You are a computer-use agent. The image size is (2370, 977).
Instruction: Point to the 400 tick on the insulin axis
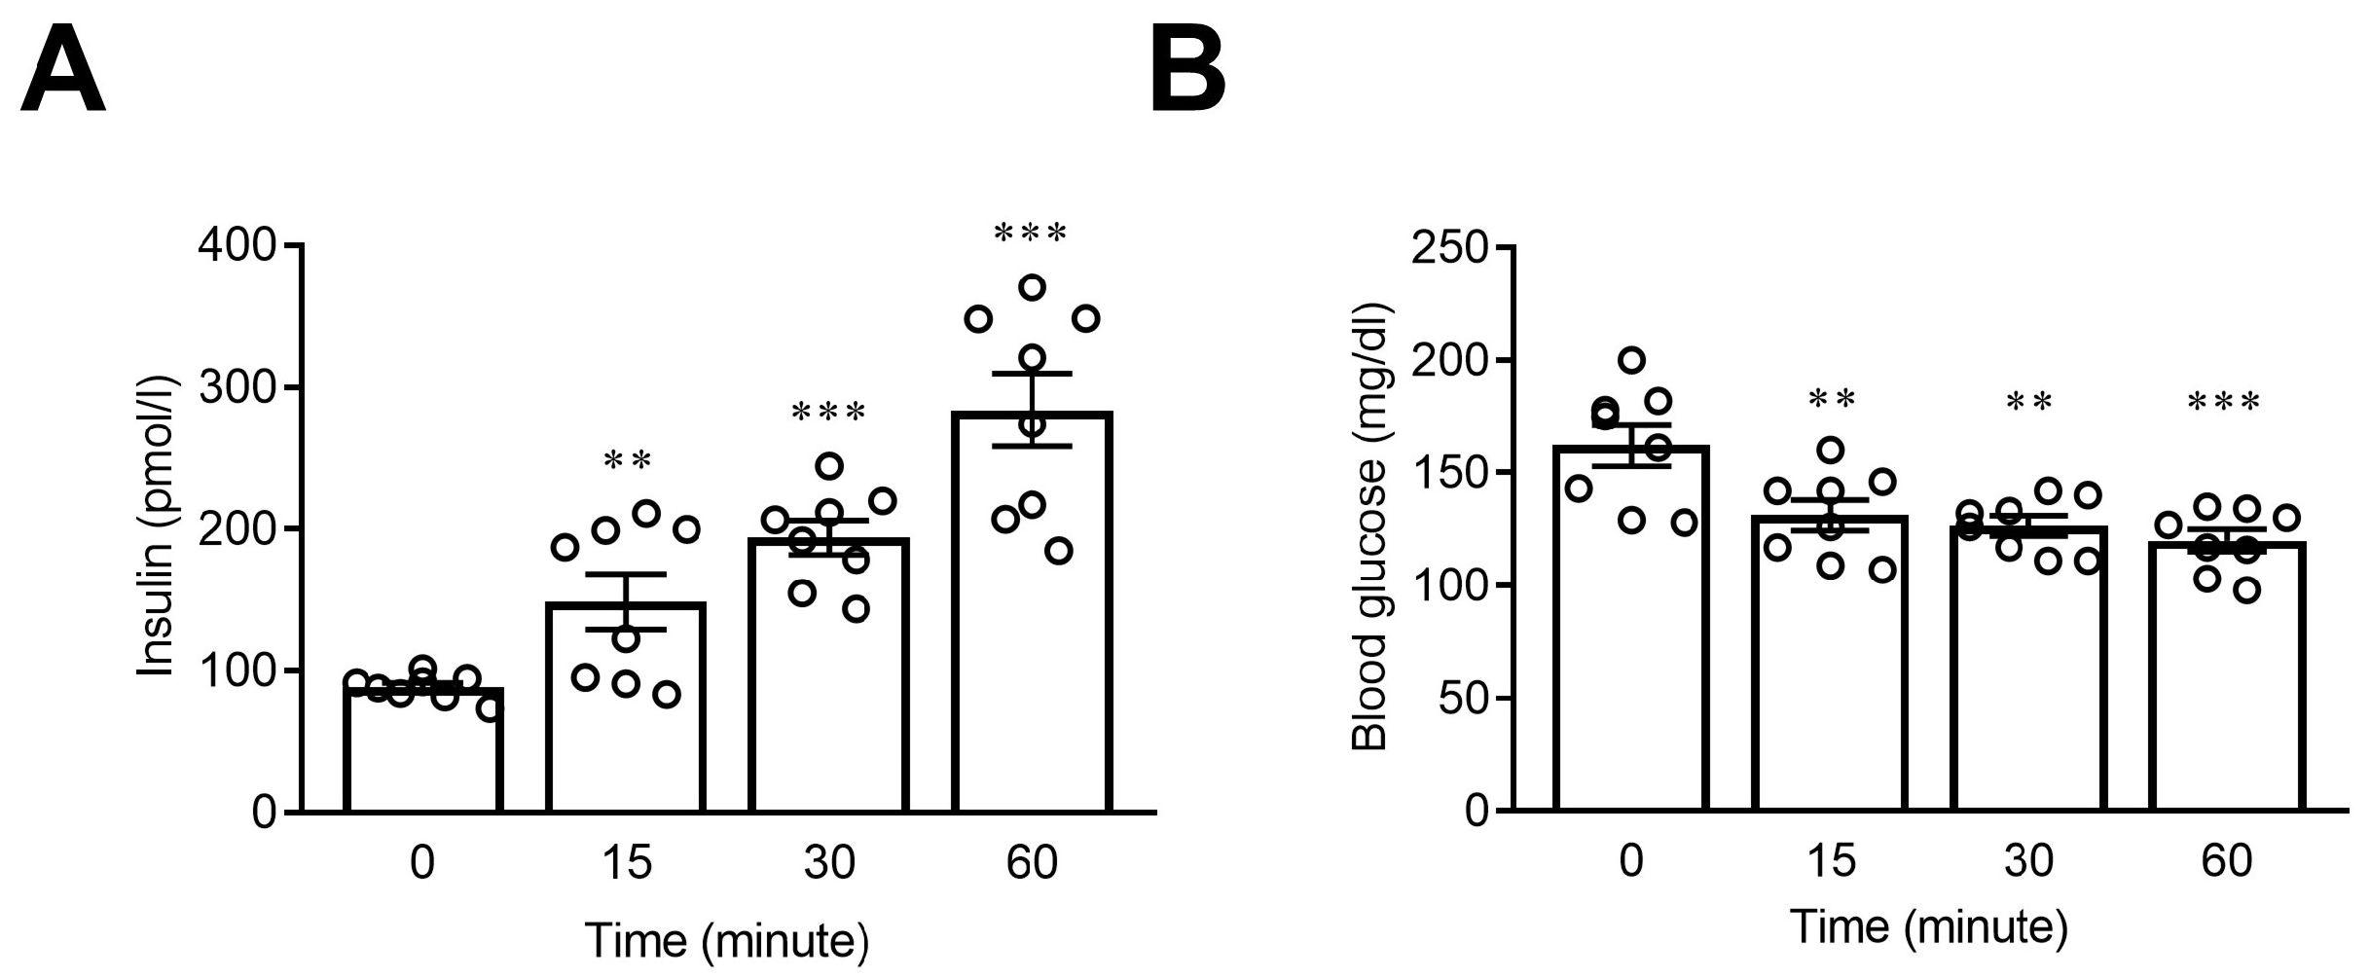(x=237, y=245)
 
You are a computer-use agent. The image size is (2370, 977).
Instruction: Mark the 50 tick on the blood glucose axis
(x=1462, y=698)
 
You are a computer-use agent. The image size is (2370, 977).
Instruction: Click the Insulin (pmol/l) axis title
(x=156, y=526)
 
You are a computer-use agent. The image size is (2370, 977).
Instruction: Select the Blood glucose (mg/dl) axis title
(x=1369, y=526)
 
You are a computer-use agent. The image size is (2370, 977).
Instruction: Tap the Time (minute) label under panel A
(x=726, y=940)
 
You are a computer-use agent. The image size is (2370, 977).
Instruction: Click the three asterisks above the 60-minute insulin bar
(x=1031, y=234)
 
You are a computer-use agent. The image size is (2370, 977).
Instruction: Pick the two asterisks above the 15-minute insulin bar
(x=627, y=460)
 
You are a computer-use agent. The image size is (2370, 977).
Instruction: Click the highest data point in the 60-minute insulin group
(x=1032, y=287)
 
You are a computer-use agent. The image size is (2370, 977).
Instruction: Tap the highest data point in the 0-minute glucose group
(x=1631, y=360)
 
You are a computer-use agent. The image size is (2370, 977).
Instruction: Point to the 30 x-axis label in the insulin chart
(x=828, y=863)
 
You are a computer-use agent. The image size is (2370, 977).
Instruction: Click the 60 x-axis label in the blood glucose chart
(x=2226, y=861)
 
